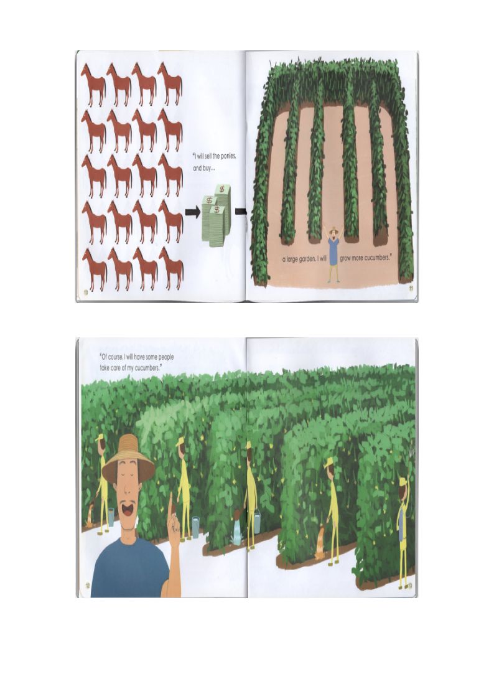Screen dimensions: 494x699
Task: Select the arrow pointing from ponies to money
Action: coord(192,213)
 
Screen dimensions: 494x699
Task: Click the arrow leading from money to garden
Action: coord(241,213)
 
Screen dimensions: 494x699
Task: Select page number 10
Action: coord(85,293)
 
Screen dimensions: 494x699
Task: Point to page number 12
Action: coord(88,585)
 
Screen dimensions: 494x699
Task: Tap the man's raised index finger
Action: coord(170,503)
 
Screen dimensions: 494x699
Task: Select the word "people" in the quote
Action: coord(164,357)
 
